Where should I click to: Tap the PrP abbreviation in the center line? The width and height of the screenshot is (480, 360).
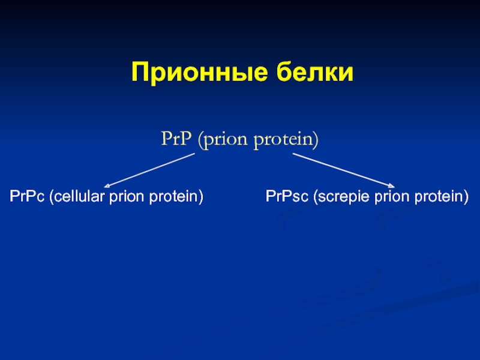[x=176, y=139]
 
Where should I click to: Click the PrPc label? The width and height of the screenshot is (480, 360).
[x=27, y=196]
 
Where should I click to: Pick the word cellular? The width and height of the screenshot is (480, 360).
[x=79, y=196]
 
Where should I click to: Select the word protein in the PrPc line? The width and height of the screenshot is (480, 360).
[x=173, y=197]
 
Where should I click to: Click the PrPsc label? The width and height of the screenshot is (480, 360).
[x=287, y=196]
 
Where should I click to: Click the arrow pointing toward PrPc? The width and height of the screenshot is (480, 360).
[x=149, y=170]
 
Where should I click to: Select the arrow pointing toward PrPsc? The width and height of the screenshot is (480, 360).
[x=343, y=170]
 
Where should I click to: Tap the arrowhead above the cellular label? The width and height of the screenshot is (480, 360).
[x=107, y=185]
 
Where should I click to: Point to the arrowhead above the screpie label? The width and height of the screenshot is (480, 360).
[x=392, y=185]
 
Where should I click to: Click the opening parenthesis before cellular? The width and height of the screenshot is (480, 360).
[x=52, y=197]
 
